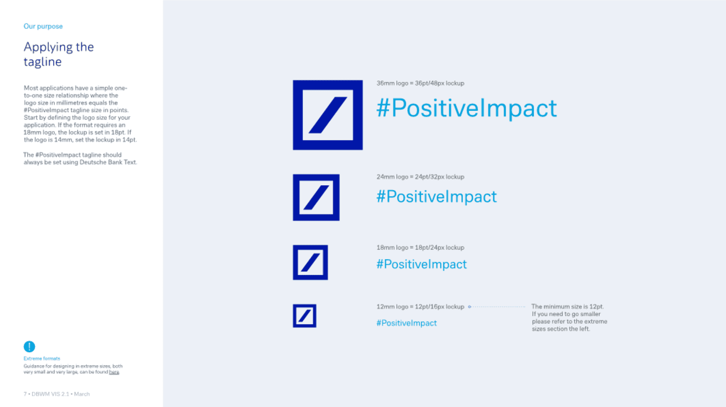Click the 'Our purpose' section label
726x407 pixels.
pos(43,26)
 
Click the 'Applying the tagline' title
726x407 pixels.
pos(59,54)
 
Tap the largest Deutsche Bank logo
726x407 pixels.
pos(328,115)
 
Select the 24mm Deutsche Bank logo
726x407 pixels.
pos(316,198)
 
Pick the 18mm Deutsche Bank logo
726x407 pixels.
pos(310,262)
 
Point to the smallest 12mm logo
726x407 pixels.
pos(304,316)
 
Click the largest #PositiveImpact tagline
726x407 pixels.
pos(467,108)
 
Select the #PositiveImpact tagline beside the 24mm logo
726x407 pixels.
pos(436,196)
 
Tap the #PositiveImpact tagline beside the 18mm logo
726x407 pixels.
pos(422,264)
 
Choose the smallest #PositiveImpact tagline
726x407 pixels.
pos(406,323)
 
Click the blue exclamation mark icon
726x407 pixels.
pos(29,346)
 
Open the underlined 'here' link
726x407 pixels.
pos(114,372)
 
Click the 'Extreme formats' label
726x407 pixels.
pos(42,359)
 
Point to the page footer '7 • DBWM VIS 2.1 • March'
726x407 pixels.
pos(57,394)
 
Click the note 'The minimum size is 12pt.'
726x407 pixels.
pos(568,307)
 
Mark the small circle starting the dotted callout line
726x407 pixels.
pos(470,307)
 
